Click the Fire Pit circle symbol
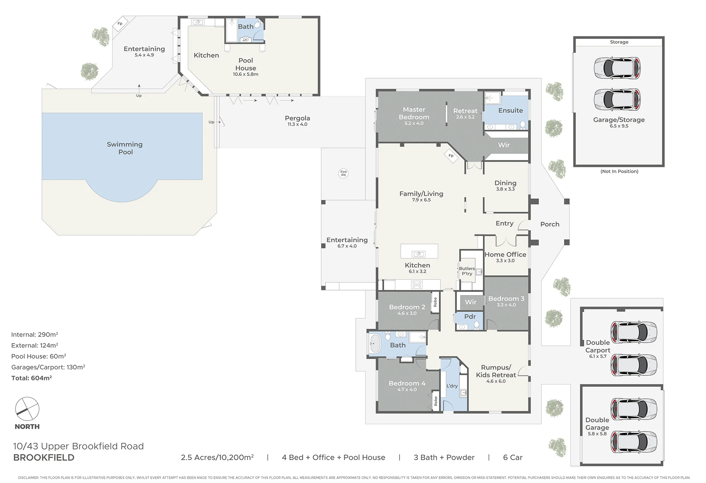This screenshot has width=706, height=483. pyautogui.click(x=343, y=173)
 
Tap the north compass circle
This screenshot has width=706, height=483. pyautogui.click(x=27, y=409)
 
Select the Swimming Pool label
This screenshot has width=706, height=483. pyautogui.click(x=125, y=148)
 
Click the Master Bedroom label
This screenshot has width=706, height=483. pyautogui.click(x=414, y=113)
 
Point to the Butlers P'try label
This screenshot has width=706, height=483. pyautogui.click(x=467, y=271)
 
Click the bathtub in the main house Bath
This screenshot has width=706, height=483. pyautogui.click(x=375, y=343)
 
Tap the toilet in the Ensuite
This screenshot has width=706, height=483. pyautogui.click(x=523, y=125)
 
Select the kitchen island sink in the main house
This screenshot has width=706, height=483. pyautogui.click(x=419, y=254)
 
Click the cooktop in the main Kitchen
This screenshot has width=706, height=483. pyautogui.click(x=417, y=285)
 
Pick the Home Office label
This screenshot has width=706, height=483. pyautogui.click(x=505, y=255)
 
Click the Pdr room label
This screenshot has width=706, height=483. pyautogui.click(x=470, y=317)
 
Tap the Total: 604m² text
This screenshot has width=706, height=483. pyautogui.click(x=31, y=378)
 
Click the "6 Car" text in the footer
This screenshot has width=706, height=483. pyautogui.click(x=513, y=458)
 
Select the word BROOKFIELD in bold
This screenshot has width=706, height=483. pyautogui.click(x=44, y=458)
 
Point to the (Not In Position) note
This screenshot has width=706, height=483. pyautogui.click(x=619, y=171)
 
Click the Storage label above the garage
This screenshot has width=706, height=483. pyautogui.click(x=619, y=42)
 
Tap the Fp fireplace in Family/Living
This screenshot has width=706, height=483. pyautogui.click(x=451, y=155)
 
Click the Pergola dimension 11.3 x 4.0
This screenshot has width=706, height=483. pyautogui.click(x=297, y=124)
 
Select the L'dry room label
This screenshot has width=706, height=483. pyautogui.click(x=452, y=386)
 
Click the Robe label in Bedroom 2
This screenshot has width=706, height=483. pyautogui.click(x=435, y=302)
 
